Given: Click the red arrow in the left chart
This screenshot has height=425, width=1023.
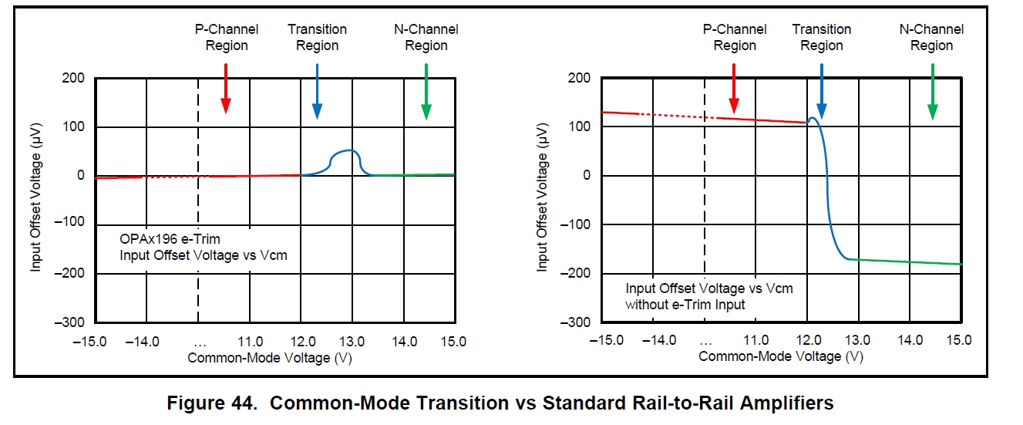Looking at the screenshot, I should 225,89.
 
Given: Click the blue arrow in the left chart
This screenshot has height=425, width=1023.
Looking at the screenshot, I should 318,91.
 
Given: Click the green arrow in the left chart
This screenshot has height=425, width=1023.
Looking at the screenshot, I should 426,91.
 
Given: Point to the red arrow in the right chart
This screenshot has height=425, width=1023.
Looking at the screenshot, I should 734,89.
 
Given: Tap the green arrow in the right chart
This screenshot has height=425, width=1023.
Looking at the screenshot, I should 932,91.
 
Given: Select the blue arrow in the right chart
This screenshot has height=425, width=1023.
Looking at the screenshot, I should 822,91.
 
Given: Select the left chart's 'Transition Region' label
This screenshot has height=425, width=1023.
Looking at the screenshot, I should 318,37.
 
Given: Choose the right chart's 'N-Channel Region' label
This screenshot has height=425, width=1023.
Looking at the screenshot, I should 931,37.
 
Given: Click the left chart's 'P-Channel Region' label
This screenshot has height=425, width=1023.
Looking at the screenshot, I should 226,37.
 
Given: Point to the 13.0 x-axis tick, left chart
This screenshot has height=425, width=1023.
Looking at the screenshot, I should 352,341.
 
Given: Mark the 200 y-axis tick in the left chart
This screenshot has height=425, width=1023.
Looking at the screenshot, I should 73,78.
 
